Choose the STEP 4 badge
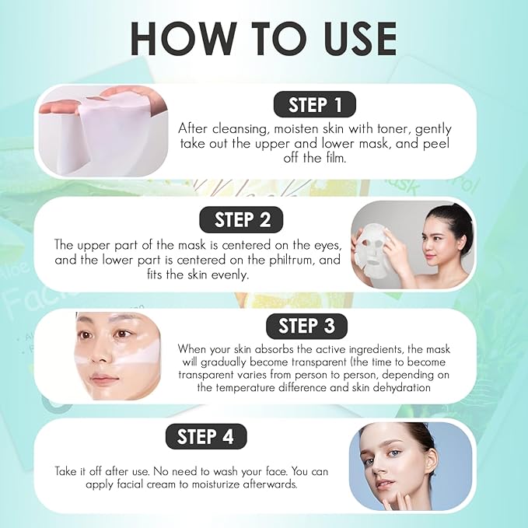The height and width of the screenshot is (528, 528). coord(205,436)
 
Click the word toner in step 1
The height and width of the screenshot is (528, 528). coord(384,128)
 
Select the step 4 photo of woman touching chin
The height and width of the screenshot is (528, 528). coord(410,466)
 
